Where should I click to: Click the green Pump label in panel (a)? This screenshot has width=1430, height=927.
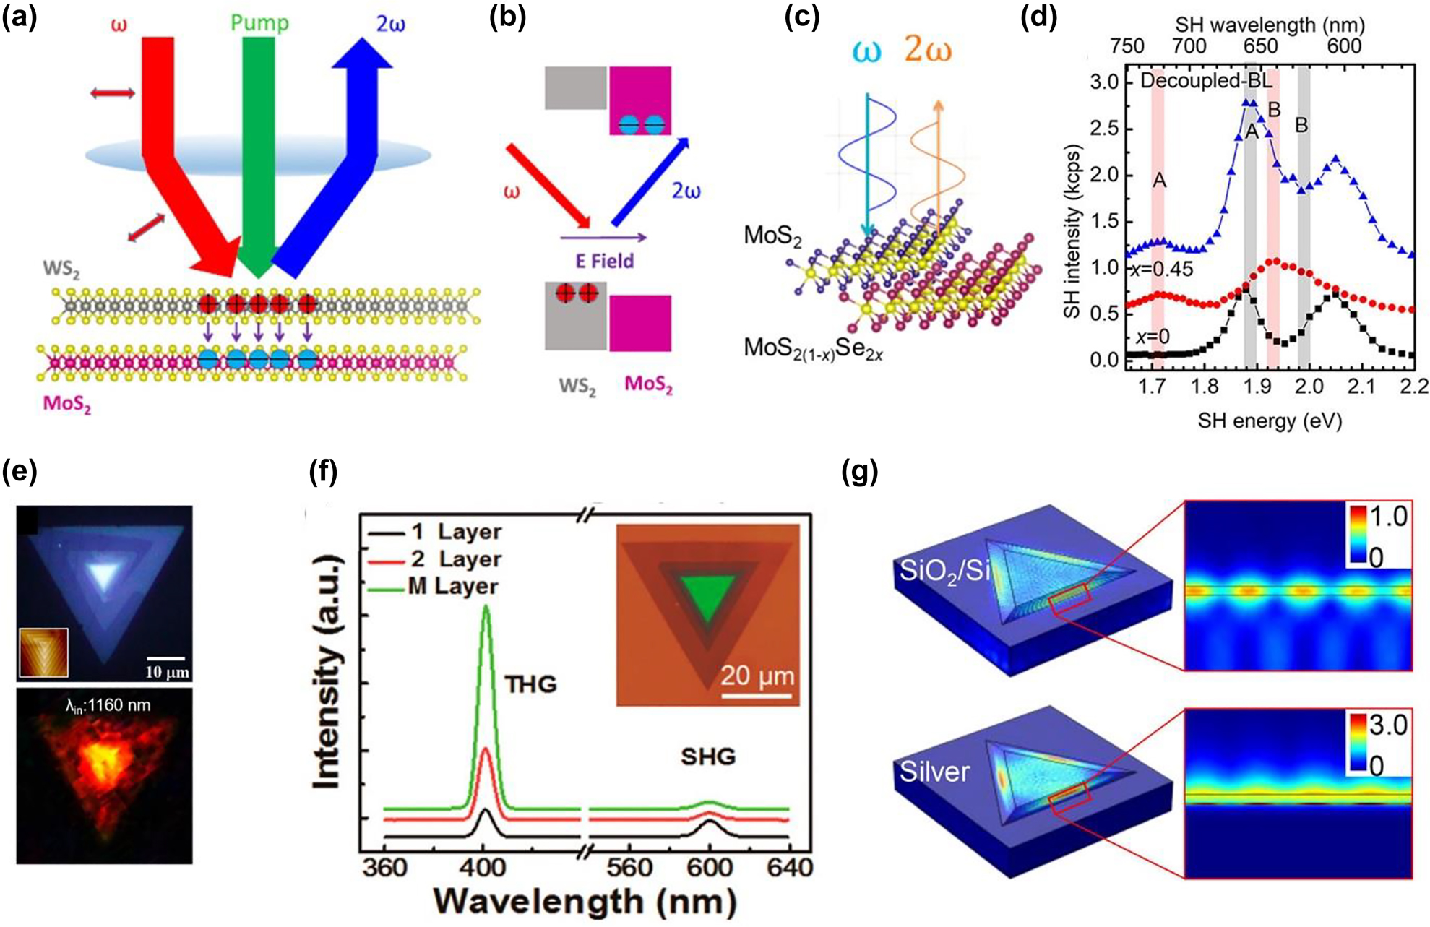(x=259, y=22)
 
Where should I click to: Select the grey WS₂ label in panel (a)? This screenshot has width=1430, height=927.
(x=61, y=270)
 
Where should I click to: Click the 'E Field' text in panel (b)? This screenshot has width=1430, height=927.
(x=605, y=260)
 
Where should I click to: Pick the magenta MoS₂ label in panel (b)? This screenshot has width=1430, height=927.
(x=648, y=384)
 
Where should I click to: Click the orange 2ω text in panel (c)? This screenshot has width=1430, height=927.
(x=928, y=51)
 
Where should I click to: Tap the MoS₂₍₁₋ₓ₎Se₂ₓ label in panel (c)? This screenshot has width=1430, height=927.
(x=813, y=349)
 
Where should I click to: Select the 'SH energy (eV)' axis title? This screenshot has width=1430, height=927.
(x=1270, y=421)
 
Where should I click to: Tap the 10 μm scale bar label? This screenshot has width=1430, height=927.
(x=167, y=672)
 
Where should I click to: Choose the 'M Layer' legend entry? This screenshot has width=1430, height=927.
(x=453, y=586)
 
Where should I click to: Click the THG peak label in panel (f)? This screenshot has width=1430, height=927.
(x=531, y=684)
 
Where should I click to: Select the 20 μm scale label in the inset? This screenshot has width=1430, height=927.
(x=757, y=676)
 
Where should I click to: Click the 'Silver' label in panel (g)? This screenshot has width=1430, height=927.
(x=934, y=772)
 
